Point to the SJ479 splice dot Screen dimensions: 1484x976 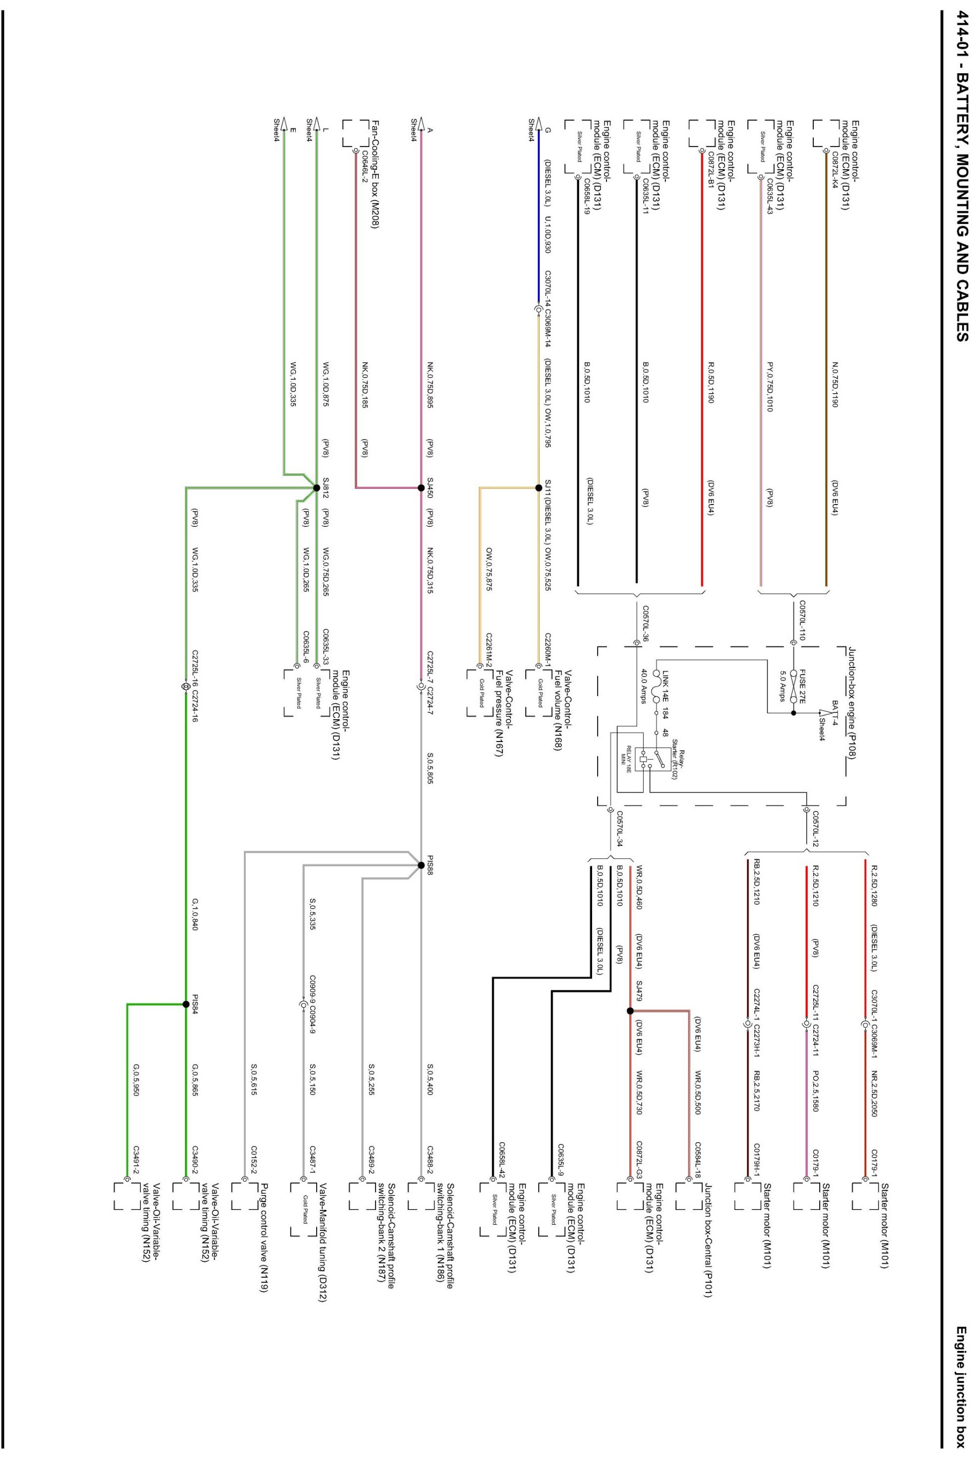[x=630, y=1011]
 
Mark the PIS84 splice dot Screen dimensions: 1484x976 [x=186, y=1004]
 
